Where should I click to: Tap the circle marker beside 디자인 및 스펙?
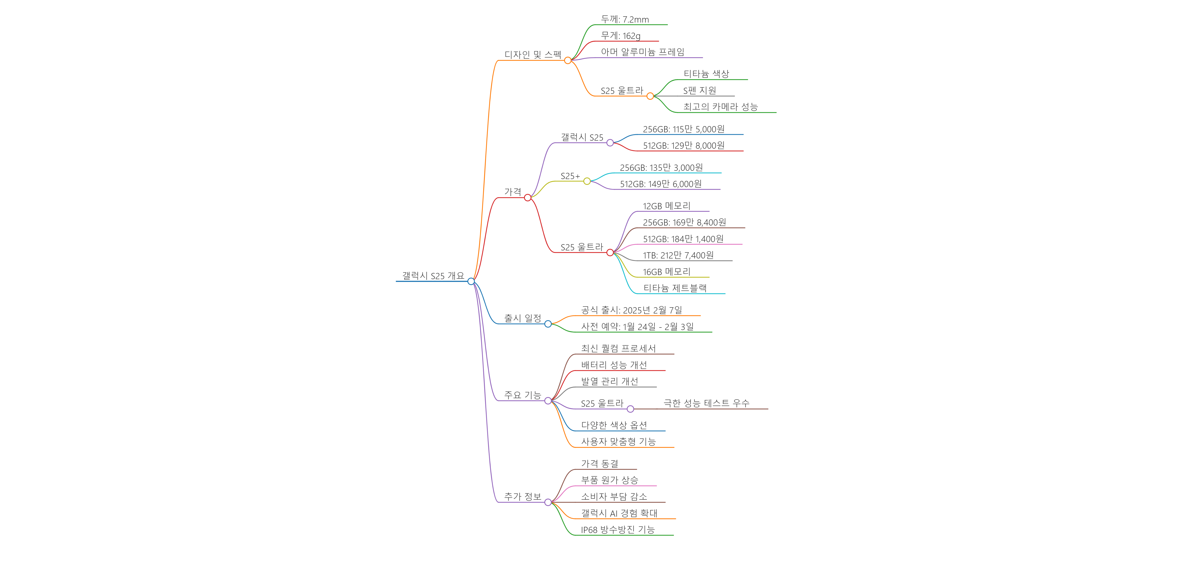pyautogui.click(x=568, y=60)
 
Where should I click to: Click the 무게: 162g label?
pyautogui.click(x=621, y=36)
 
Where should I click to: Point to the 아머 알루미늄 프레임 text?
pyautogui.click(x=642, y=52)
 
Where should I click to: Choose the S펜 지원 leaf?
pyautogui.click(x=699, y=90)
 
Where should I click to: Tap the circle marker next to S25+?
pyautogui.click(x=587, y=181)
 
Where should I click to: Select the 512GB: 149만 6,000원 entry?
pyautogui.click(x=661, y=184)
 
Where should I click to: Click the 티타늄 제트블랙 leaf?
pyautogui.click(x=675, y=288)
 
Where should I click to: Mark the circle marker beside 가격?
pyautogui.click(x=527, y=198)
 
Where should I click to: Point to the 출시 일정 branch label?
pyautogui.click(x=522, y=318)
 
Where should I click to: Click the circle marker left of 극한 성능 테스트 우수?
pyautogui.click(x=630, y=409)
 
